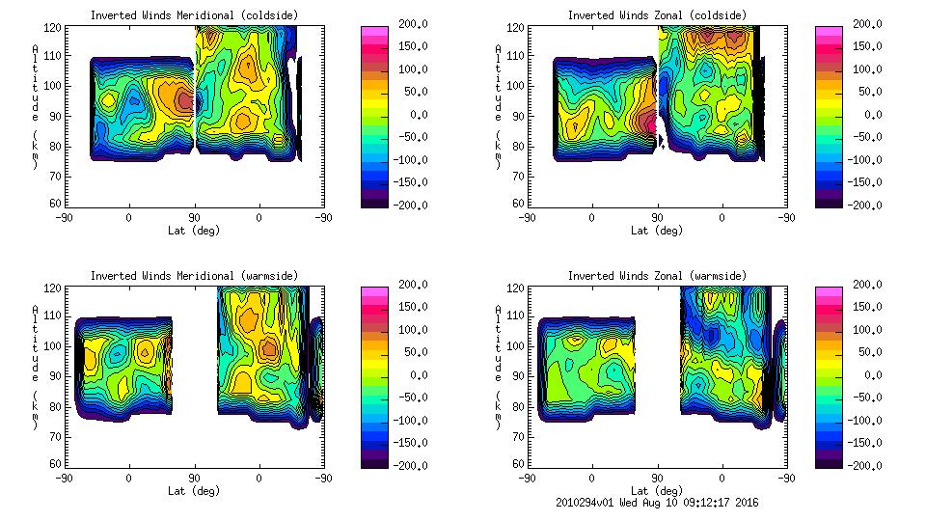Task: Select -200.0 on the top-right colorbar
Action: pyautogui.click(x=869, y=205)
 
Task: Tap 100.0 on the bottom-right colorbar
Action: pyautogui.click(x=869, y=330)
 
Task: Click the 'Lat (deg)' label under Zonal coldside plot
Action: pyautogui.click(x=656, y=231)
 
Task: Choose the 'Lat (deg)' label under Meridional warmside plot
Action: pyautogui.click(x=194, y=491)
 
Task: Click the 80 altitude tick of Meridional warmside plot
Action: pyautogui.click(x=55, y=405)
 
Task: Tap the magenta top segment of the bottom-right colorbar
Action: pyautogui.click(x=829, y=290)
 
